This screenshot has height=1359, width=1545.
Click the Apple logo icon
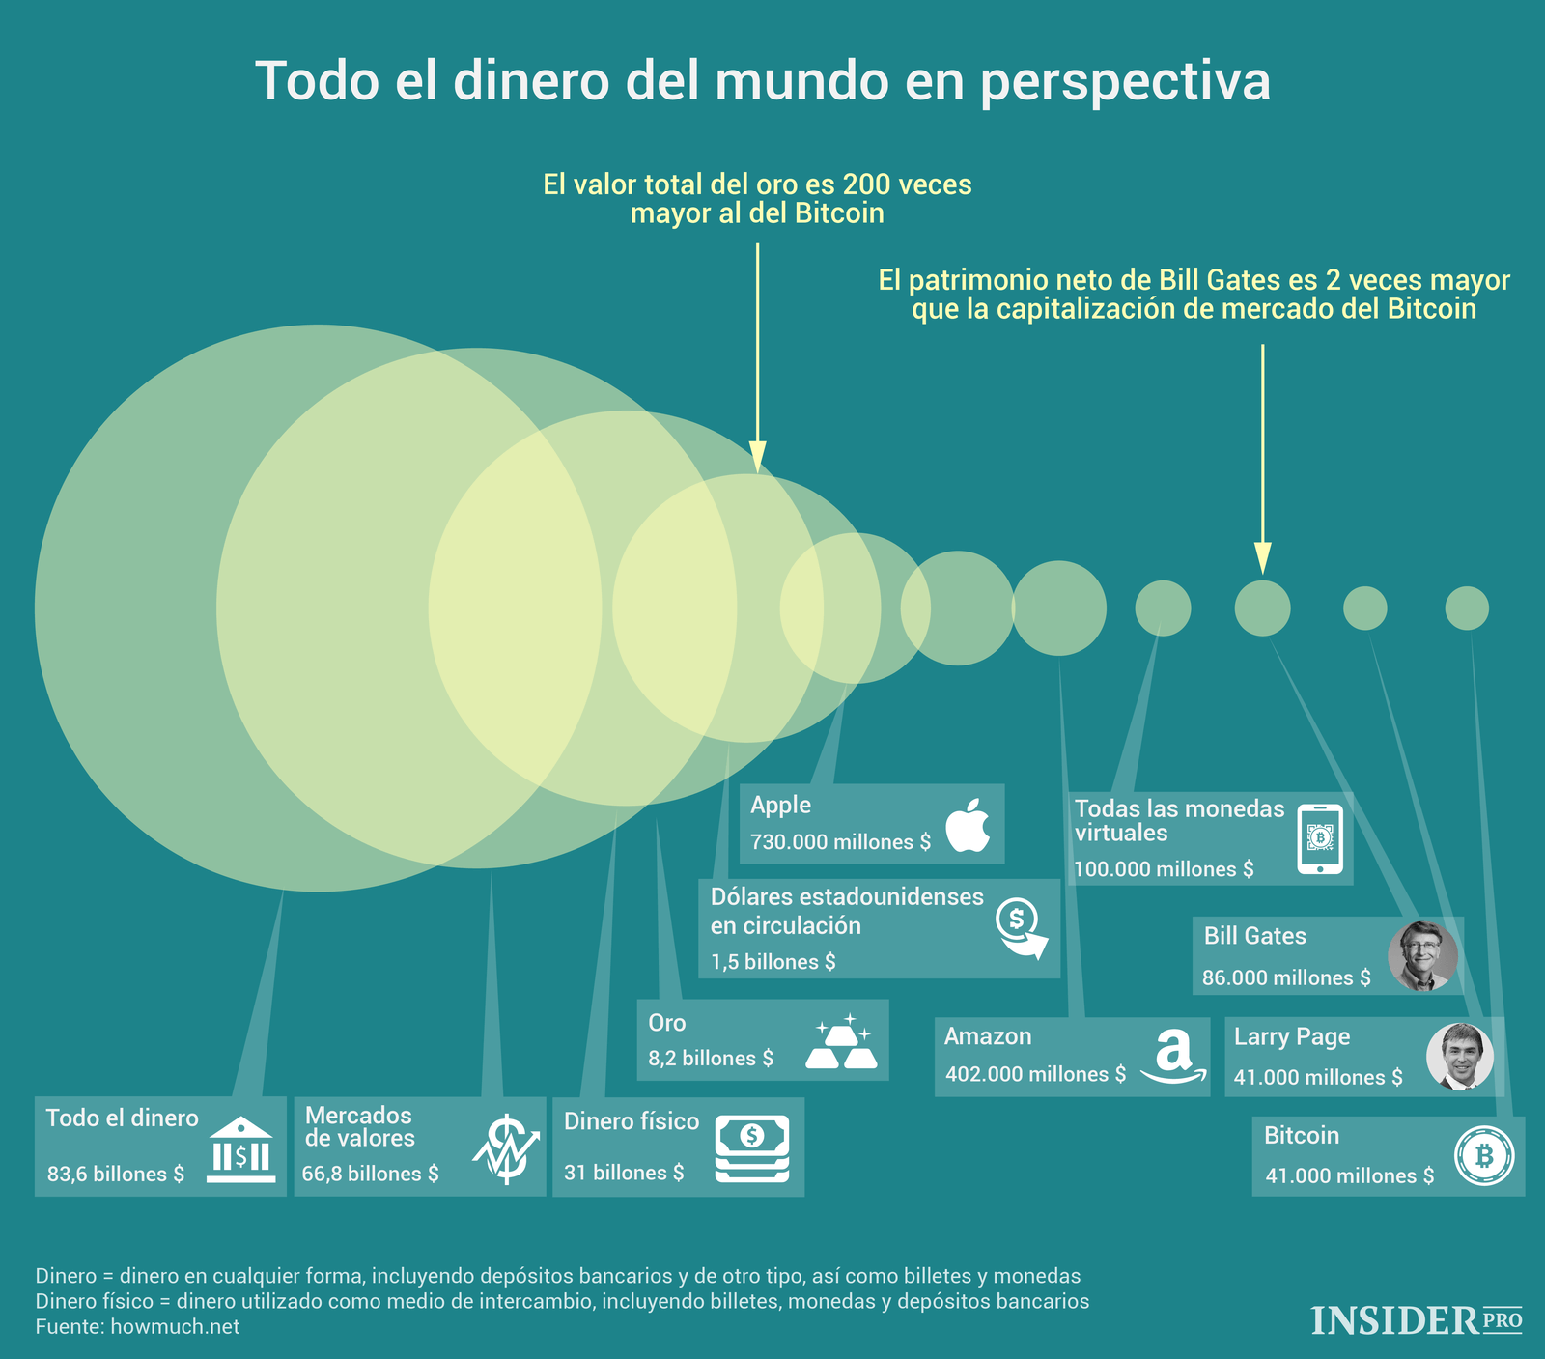[969, 826]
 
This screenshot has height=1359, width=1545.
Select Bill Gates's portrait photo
[1422, 956]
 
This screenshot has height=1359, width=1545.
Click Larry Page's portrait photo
[1460, 1056]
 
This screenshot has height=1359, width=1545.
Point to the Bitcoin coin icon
[1484, 1156]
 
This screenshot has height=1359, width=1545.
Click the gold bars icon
[841, 1044]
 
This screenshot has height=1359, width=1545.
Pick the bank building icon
[240, 1150]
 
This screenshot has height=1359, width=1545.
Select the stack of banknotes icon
[751, 1148]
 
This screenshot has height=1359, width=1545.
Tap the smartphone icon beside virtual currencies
[1320, 838]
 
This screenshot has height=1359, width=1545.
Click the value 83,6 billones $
[116, 1175]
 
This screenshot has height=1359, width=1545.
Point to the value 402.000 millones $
[1035, 1074]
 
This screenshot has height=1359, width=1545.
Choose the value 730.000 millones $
[840, 842]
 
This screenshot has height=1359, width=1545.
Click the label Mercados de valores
[359, 1127]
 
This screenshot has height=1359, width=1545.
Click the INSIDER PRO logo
[1416, 1320]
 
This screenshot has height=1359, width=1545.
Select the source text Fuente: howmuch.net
[137, 1326]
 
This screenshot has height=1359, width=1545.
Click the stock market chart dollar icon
[505, 1149]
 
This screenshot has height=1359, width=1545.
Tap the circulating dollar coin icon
[1022, 928]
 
